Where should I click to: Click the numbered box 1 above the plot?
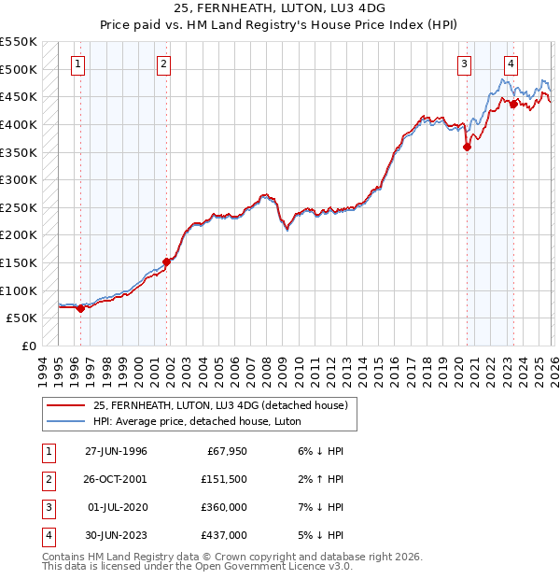point(77,64)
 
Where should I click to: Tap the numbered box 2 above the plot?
point(163,64)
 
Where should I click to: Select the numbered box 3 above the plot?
point(464,64)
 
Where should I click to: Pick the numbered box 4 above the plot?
point(511,64)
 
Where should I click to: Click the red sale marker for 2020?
point(467,146)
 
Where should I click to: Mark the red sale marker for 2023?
point(513,104)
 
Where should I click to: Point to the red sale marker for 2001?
point(167,261)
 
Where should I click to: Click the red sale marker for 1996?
point(80,308)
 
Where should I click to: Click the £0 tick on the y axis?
point(27,346)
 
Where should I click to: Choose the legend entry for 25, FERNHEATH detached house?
point(220,405)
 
